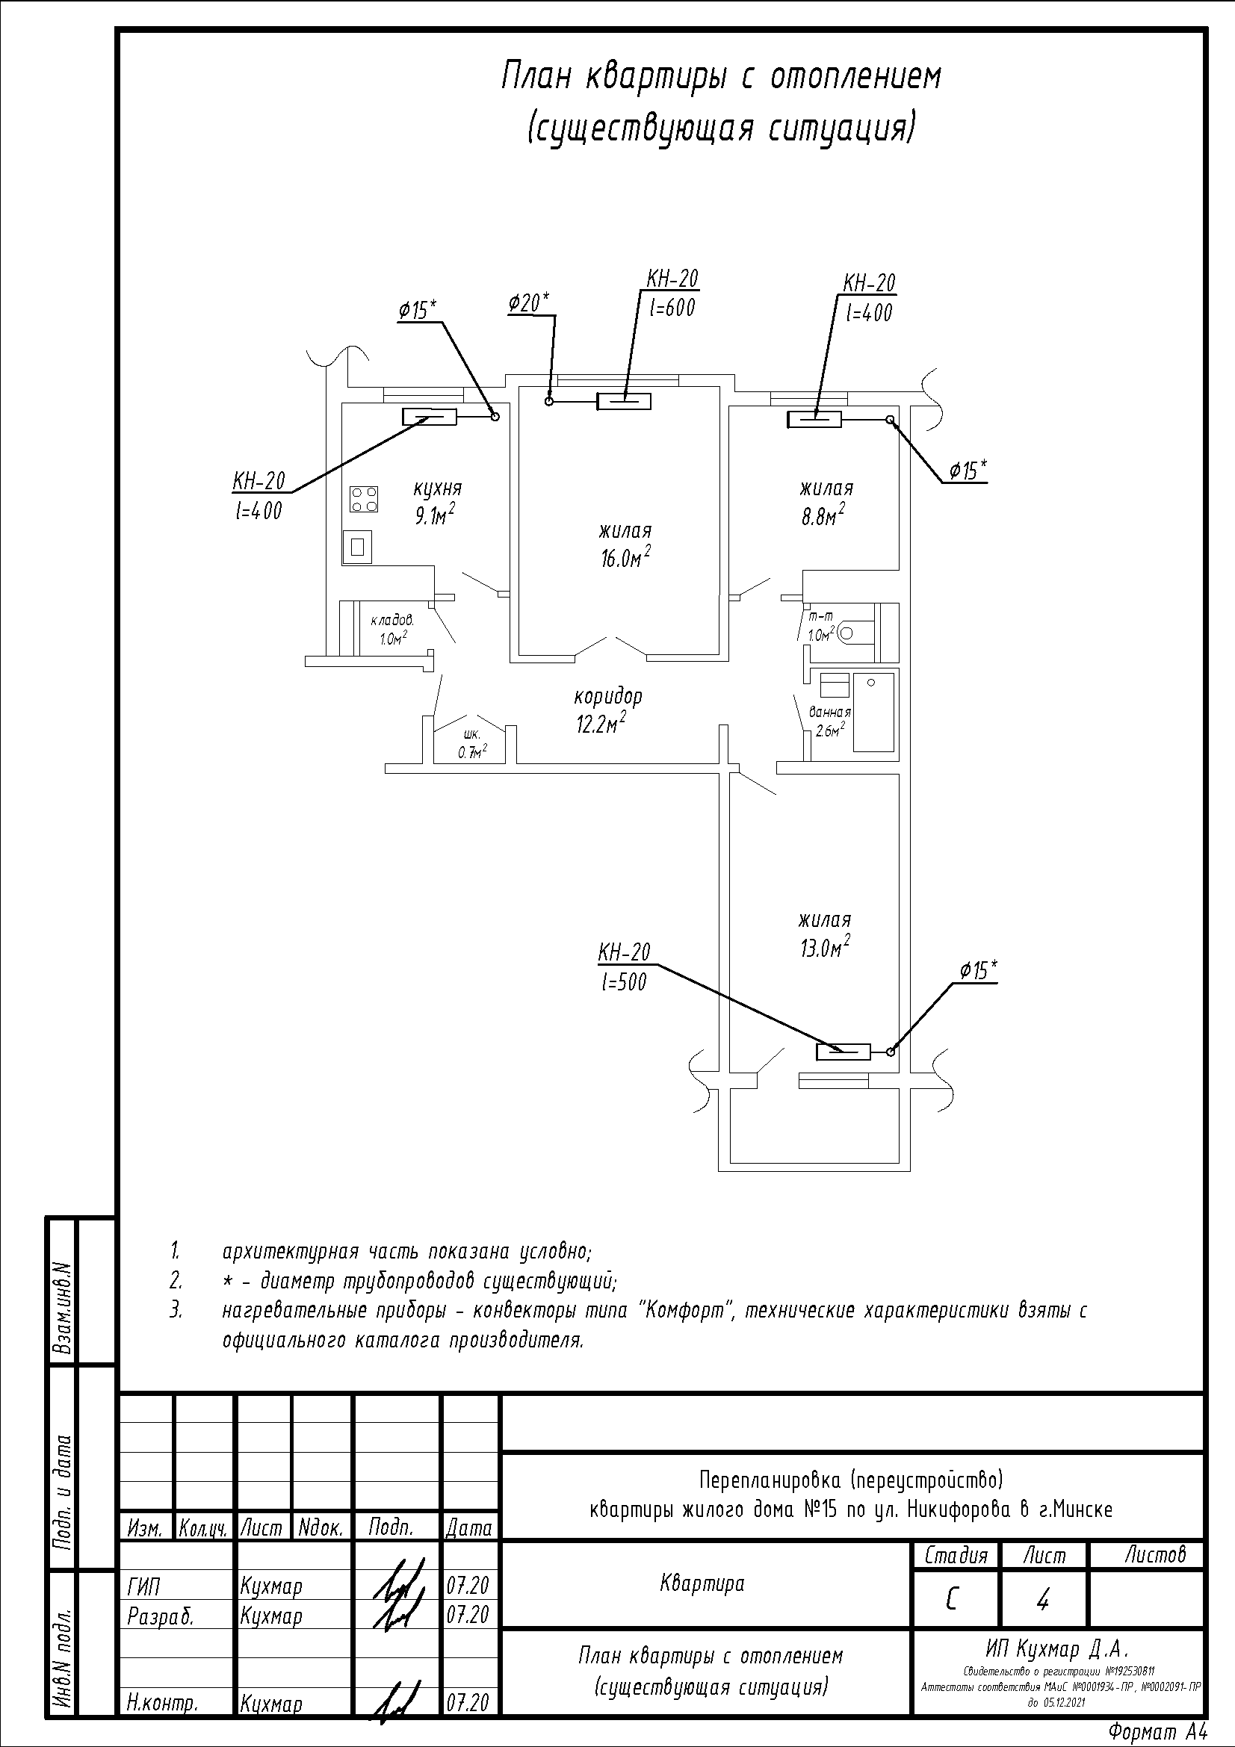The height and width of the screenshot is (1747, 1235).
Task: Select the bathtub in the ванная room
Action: (x=873, y=713)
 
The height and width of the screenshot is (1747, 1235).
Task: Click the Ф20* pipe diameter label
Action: (x=529, y=302)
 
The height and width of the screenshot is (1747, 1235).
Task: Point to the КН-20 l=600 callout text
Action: (x=672, y=293)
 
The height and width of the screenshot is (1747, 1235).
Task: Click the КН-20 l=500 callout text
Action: (x=624, y=967)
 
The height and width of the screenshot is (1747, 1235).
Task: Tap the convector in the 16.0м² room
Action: (x=624, y=401)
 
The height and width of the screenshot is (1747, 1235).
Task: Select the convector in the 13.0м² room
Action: (x=843, y=1052)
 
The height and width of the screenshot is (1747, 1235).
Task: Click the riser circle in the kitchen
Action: (x=495, y=415)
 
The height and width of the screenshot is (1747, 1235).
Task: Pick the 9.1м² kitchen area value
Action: (x=435, y=516)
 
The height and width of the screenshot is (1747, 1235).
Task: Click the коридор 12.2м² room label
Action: (x=607, y=709)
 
